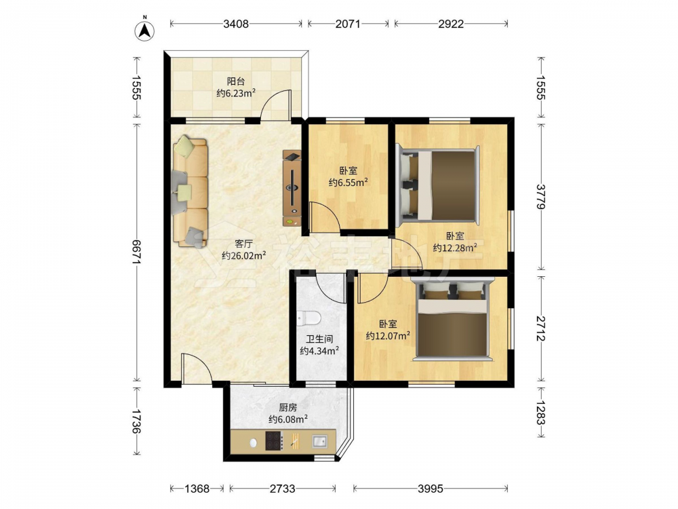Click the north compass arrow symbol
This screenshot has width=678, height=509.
tap(145, 31)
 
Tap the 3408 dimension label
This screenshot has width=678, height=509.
tap(236, 24)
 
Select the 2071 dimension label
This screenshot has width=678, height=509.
tap(348, 24)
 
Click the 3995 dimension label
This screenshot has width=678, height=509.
tap(431, 489)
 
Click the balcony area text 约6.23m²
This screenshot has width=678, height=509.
tap(236, 92)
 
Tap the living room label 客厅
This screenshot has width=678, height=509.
tap(244, 244)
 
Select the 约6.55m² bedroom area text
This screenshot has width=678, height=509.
tap(348, 182)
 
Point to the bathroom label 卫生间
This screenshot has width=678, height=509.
tap(319, 339)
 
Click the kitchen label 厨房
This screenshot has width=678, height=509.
tap(288, 407)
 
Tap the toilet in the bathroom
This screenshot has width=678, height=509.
tap(308, 318)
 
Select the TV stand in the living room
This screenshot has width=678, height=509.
tap(292, 188)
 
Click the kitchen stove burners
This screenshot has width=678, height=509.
tap(274, 441)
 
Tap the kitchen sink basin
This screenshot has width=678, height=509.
tap(320, 442)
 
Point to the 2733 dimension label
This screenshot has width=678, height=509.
tap(282, 489)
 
